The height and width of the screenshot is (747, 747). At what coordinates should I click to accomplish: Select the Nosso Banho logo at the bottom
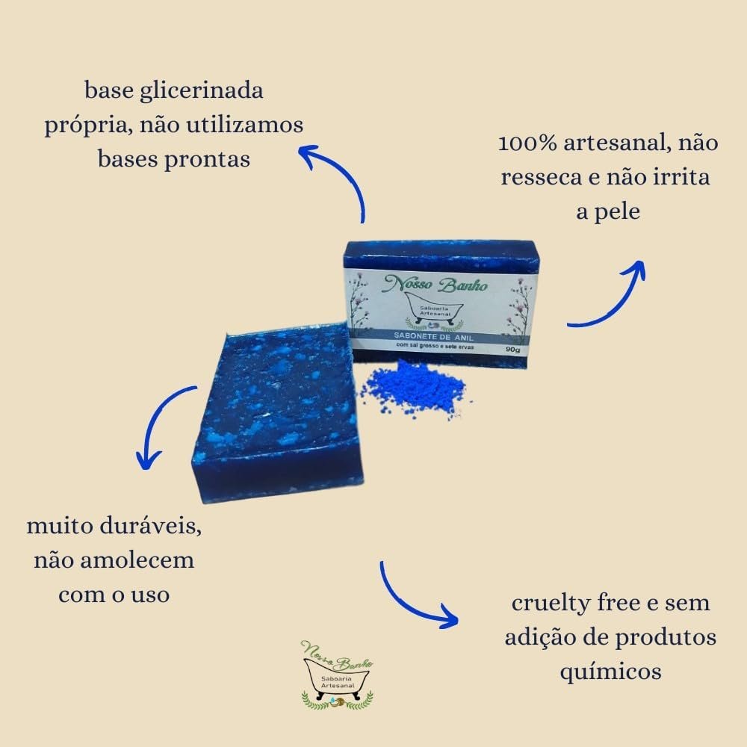(x=337, y=673)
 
